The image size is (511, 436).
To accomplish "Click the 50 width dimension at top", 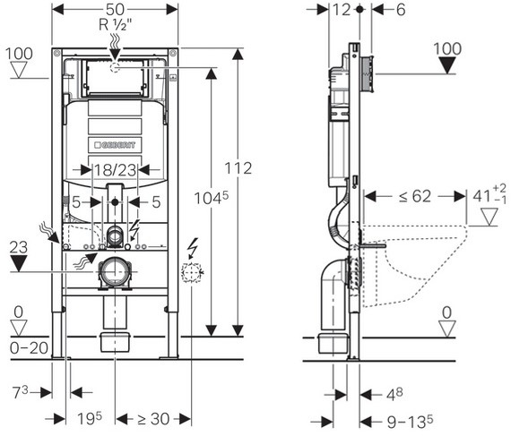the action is point(115,9).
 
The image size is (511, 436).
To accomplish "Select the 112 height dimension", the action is point(238,168).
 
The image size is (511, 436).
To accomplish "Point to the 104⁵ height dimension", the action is point(212,198).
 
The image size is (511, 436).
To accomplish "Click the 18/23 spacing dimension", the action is point(115,170).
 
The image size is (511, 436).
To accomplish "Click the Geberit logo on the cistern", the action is point(115,145).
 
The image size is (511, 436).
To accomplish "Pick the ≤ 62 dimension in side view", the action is point(415,196).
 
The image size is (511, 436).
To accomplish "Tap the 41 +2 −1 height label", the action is point(489,194).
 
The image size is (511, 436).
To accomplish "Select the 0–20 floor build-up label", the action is point(29,348).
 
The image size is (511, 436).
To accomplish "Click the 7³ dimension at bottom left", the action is point(21,392).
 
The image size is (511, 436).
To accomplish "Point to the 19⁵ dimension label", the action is point(90,418).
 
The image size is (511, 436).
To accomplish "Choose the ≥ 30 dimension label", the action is point(153,419).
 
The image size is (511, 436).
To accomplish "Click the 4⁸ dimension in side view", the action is point(394,394).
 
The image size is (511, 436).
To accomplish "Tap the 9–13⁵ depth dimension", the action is point(410,422).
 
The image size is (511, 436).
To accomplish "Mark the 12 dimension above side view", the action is point(342,10).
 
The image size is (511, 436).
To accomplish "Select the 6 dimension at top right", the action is point(401,10).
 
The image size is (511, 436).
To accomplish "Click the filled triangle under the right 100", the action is point(447,65).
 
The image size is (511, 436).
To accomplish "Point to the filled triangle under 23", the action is point(19,263).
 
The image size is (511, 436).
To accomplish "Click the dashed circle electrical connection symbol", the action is point(192,272).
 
